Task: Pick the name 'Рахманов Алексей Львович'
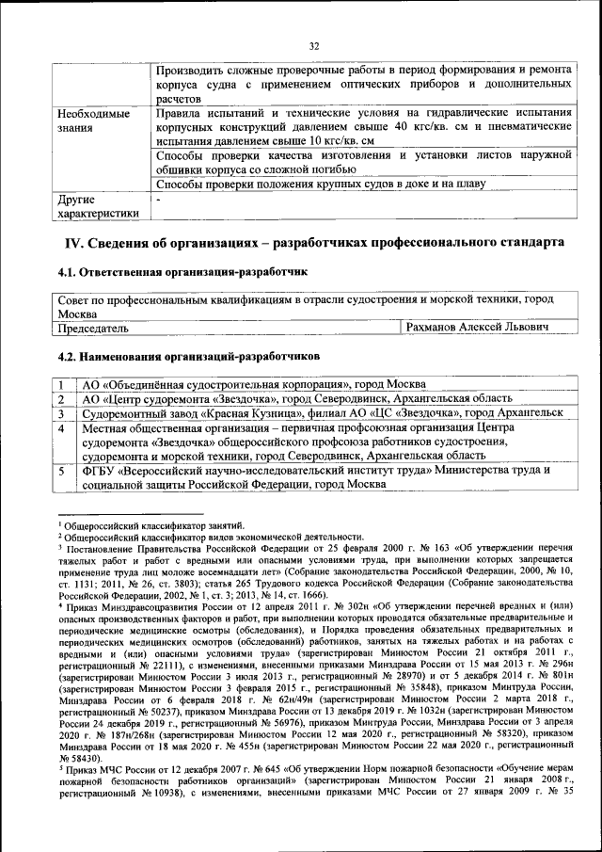pos(475,328)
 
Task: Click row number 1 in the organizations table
pos(60,385)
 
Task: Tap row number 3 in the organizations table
pos(60,413)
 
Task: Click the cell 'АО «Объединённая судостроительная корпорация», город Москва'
pos(253,385)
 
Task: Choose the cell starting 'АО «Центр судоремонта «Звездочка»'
pos(296,399)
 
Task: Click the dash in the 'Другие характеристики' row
pos(159,200)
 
